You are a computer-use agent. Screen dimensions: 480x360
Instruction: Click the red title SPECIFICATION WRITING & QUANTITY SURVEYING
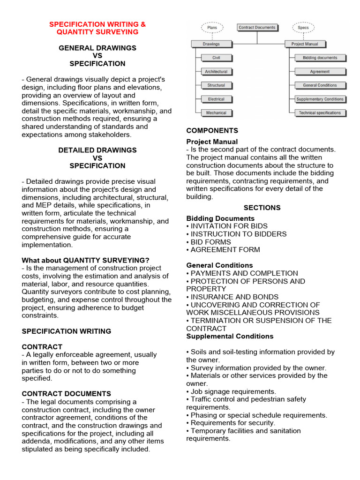coord(97,28)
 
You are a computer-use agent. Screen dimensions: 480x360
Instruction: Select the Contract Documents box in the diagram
coord(257,28)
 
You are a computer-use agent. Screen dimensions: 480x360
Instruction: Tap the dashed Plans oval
coord(212,28)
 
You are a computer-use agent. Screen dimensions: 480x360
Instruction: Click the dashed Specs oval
coord(303,28)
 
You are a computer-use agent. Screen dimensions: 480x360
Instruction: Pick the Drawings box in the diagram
coord(211,44)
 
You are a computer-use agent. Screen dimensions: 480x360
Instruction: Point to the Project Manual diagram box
coord(305,44)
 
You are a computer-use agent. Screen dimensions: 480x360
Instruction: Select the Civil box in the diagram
coord(216,58)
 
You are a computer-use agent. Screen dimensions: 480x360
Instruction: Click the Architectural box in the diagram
coord(216,72)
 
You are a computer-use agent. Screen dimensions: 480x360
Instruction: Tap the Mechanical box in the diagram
coord(216,113)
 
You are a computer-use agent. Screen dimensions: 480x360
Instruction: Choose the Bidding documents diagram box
coord(320,58)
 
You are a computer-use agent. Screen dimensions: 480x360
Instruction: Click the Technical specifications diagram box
coord(320,113)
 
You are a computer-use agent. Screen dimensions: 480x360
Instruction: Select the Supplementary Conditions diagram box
coord(320,99)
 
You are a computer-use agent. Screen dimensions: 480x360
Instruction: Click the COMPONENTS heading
coord(212,131)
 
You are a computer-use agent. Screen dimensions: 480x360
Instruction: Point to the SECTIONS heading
coord(262,208)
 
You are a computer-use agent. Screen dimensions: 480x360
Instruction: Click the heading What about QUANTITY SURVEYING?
coord(86,260)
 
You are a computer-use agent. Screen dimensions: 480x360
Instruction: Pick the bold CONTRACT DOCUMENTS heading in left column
coord(67,394)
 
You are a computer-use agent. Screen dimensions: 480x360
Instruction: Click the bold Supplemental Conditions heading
coord(230,336)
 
